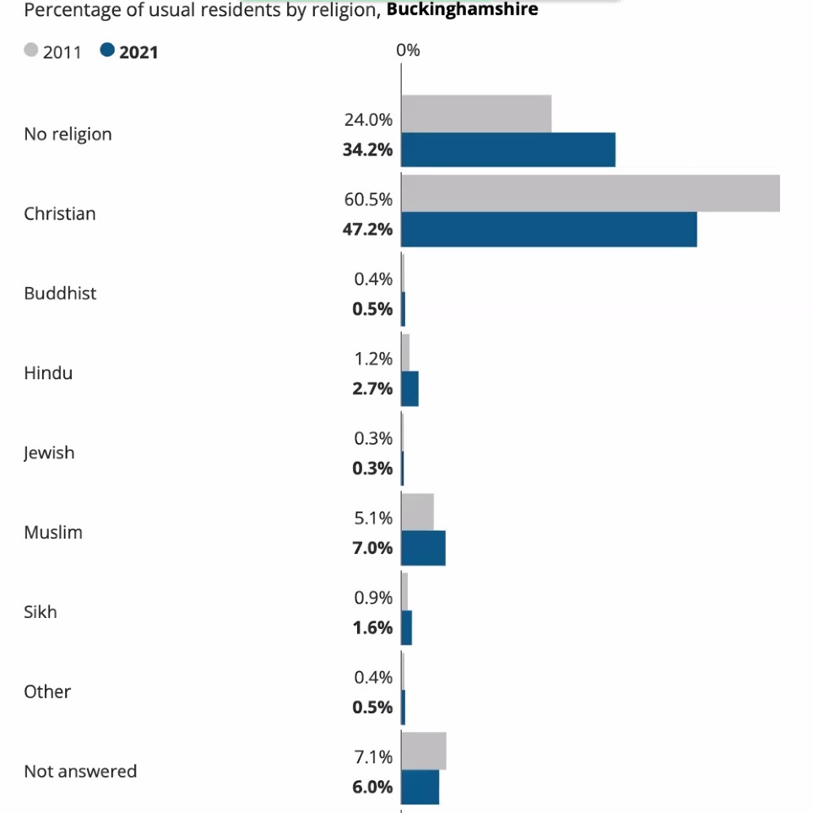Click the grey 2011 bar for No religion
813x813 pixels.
tap(476, 113)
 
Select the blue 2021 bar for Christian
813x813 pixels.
tap(549, 229)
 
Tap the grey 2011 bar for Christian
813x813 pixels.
tap(590, 193)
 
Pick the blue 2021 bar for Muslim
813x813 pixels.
tap(423, 548)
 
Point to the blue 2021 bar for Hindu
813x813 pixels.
tap(409, 388)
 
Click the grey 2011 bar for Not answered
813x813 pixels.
tap(423, 751)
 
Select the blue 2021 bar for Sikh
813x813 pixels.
tap(406, 627)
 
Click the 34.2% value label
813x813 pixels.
tap(367, 149)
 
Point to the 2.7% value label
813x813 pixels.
tap(371, 388)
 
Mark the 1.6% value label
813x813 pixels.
tap(371, 627)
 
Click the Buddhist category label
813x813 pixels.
tap(60, 293)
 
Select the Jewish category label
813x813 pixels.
tap(49, 453)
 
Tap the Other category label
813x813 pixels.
tap(47, 691)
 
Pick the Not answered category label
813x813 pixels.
tap(80, 771)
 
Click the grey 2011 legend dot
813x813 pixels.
tap(31, 51)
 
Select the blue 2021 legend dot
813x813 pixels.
tap(106, 51)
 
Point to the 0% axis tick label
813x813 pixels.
tap(408, 51)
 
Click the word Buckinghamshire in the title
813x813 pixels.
tap(462, 10)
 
